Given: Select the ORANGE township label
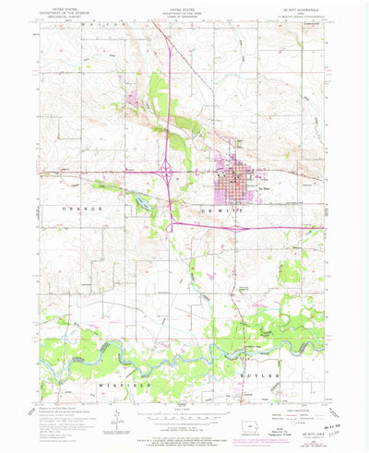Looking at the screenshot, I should pos(84,210).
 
